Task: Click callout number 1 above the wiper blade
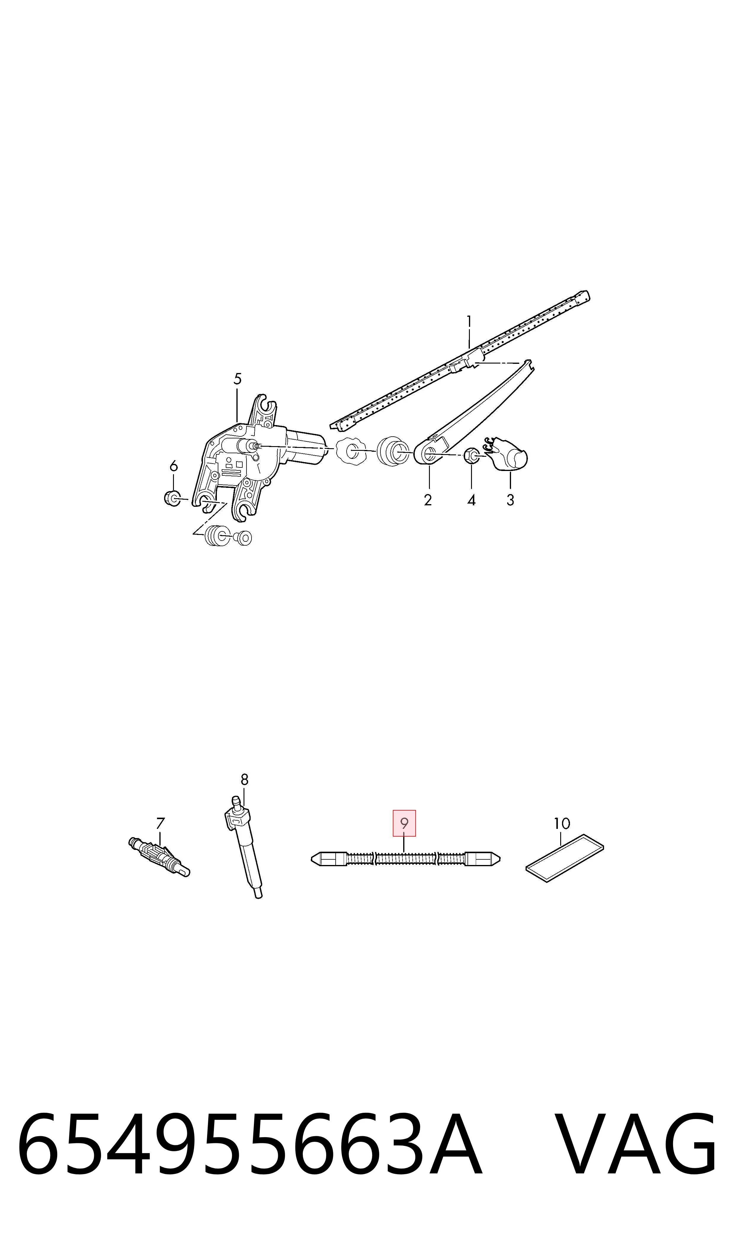click(469, 322)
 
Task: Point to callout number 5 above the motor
click(237, 379)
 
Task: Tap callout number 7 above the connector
click(160, 823)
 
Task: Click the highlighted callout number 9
click(404, 823)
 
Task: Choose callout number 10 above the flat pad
click(562, 823)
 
